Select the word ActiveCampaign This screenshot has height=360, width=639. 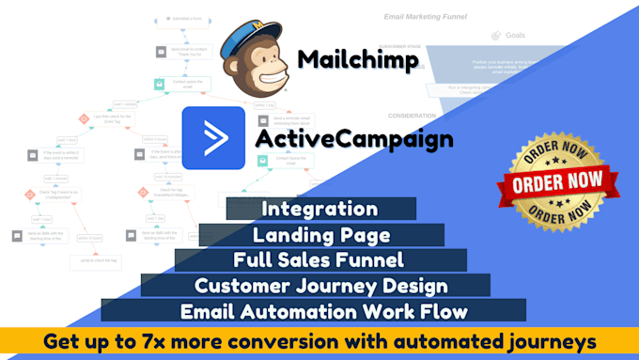354,140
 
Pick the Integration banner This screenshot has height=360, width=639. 320,209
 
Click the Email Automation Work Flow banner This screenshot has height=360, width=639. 314,310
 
